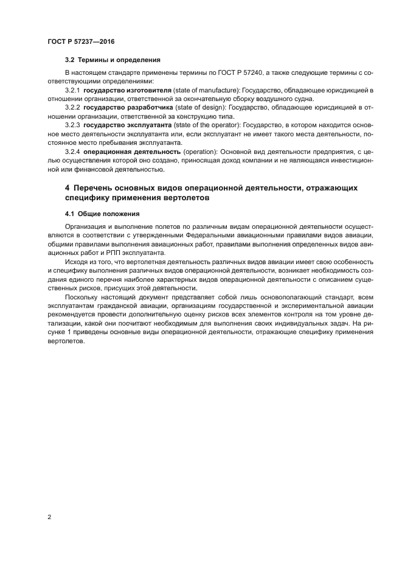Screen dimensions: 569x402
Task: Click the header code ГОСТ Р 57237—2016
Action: click(81, 41)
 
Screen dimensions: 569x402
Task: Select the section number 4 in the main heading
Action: click(68, 188)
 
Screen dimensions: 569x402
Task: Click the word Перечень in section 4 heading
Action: click(97, 188)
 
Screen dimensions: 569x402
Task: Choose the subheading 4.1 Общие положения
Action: click(102, 214)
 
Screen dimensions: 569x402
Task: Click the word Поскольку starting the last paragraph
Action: click(83, 297)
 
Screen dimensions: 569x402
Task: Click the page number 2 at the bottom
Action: click(49, 517)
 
